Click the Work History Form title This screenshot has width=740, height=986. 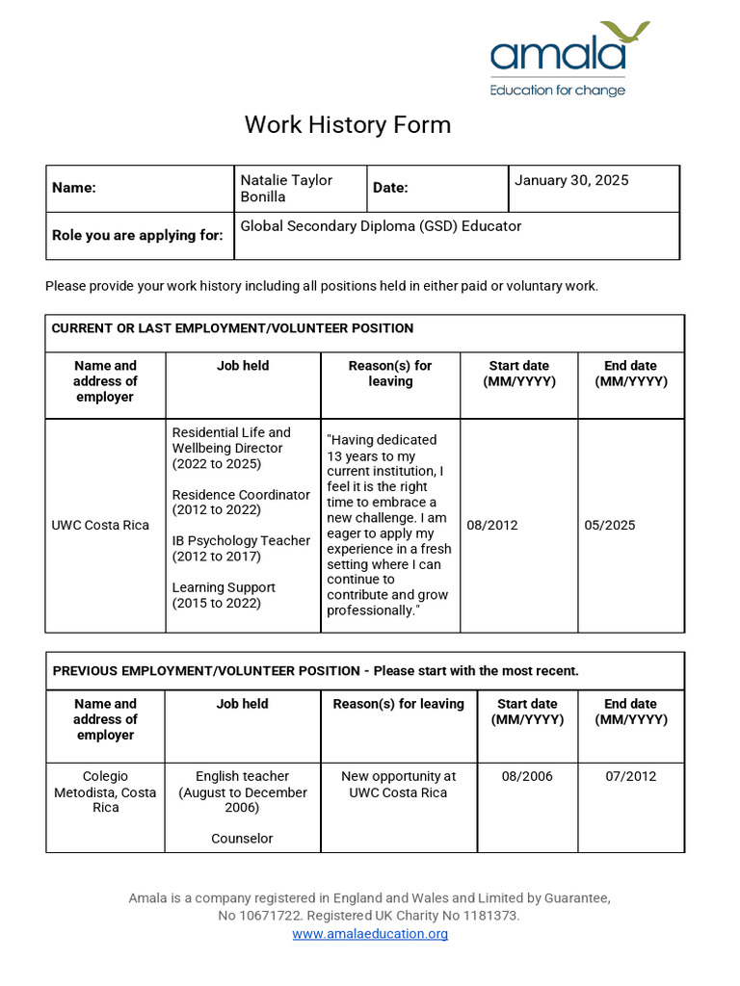(347, 124)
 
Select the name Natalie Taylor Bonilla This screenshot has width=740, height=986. (286, 188)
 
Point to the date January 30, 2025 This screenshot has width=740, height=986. (571, 180)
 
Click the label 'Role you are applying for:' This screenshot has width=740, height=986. (138, 235)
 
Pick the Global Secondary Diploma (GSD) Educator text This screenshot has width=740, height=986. (381, 226)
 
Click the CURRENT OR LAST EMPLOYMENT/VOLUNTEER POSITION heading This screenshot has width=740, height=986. (232, 328)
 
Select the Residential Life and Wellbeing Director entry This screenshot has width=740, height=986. (231, 448)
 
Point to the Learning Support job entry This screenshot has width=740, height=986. (224, 595)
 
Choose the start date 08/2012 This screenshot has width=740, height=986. (491, 526)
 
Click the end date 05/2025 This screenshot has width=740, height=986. (609, 526)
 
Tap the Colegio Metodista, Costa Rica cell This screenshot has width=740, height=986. (105, 791)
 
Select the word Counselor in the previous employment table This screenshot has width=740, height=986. (242, 839)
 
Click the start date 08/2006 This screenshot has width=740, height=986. (527, 776)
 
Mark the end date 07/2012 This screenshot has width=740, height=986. (630, 776)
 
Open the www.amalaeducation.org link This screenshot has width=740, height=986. (370, 934)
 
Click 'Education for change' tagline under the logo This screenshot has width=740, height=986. (557, 91)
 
